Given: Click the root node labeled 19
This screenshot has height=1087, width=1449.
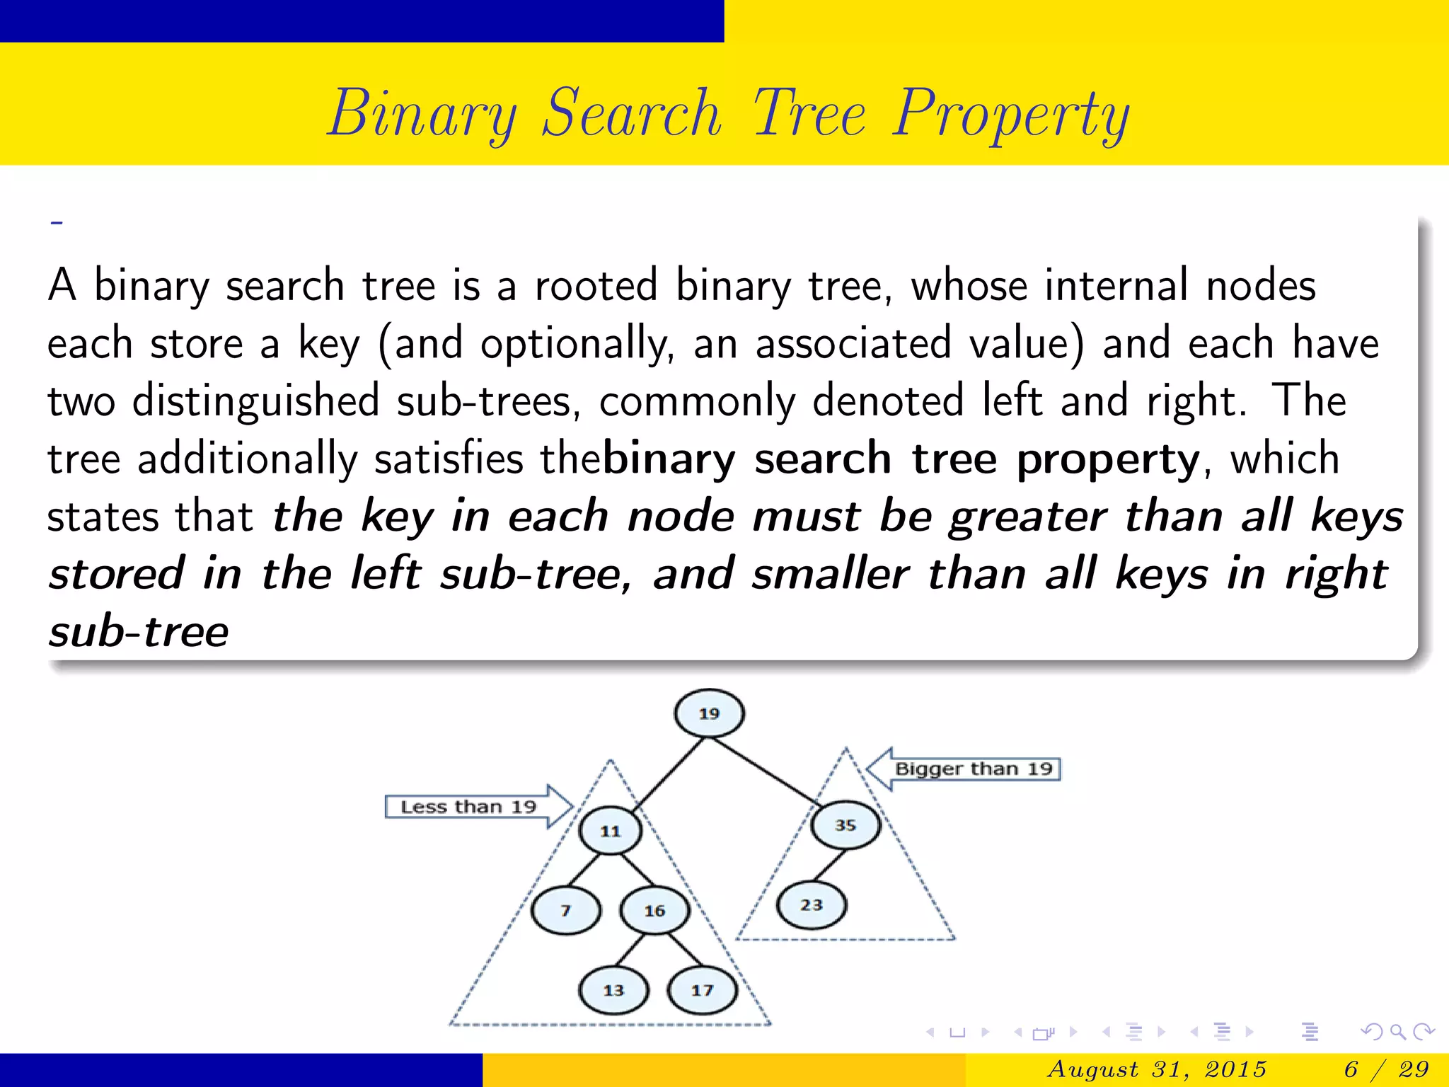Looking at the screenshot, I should pos(709,713).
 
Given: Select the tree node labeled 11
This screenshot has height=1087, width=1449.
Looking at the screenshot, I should pos(610,831).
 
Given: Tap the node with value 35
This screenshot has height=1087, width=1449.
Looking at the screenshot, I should pos(845,825).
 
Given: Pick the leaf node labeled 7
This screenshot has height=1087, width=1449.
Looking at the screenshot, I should pos(565,911).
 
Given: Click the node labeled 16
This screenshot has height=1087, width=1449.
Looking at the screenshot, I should pos(654,911).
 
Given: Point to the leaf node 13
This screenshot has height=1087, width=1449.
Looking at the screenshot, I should pos(613,990).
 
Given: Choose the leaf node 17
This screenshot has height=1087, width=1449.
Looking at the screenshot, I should pos(702,990).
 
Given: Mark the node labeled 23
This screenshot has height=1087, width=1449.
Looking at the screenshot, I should pos(811,904).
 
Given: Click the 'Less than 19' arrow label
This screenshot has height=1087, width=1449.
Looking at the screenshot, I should pos(468,807).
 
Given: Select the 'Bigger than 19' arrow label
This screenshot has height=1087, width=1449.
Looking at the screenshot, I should pos(974,769).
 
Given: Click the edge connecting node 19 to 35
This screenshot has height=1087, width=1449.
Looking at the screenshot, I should pos(764,771).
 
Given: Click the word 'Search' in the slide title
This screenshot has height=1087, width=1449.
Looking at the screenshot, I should pos(631,113).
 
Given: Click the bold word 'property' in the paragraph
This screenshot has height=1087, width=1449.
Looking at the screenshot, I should pos(1108,460).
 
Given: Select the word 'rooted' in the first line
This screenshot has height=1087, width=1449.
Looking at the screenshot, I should pos(596,286).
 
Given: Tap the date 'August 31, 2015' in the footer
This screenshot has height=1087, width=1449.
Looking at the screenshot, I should pos(1156,1069).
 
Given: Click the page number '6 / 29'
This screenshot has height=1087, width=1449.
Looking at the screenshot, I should pos(1385,1069).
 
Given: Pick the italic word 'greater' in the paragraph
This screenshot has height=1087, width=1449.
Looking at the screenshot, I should pos(1027,517).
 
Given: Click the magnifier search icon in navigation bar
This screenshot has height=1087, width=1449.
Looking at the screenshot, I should pos(1397,1032).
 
